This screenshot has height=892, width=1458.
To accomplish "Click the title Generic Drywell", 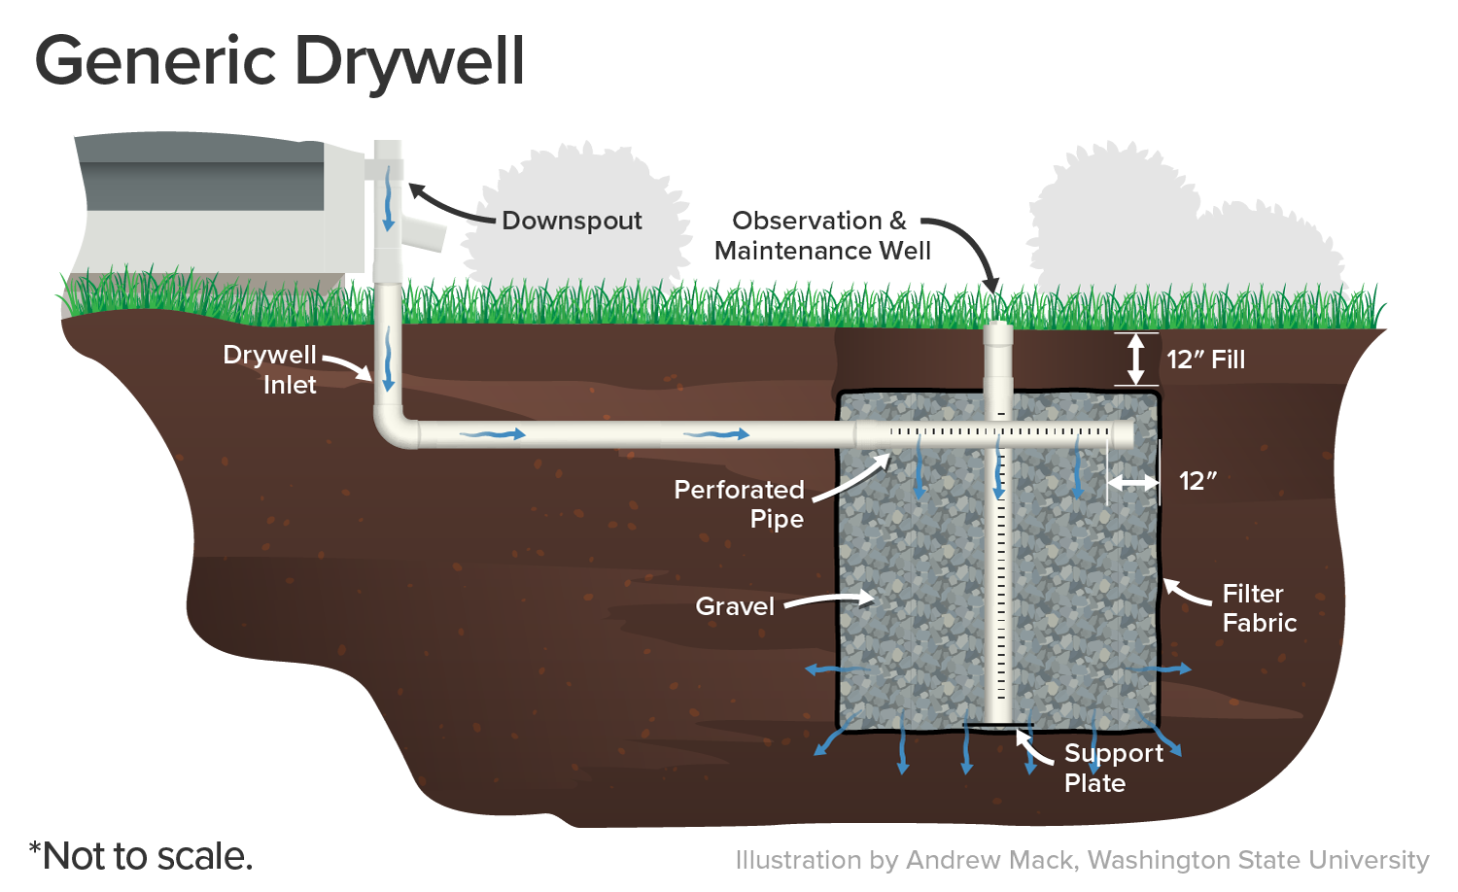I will [280, 61].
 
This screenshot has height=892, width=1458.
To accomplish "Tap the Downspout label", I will [572, 221].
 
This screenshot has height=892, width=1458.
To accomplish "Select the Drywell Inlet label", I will [270, 369].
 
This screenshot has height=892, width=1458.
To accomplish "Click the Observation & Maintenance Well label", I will [821, 236].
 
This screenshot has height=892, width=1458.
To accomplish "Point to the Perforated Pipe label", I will [740, 503].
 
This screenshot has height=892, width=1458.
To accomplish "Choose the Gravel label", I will [735, 606].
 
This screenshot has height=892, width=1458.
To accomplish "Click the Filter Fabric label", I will [1259, 608].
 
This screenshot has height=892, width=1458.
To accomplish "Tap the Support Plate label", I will [1112, 768].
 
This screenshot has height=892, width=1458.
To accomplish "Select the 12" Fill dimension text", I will [1205, 360].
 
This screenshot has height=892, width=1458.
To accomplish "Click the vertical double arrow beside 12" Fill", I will [1135, 359].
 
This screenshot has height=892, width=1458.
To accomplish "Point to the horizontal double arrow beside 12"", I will [1132, 482].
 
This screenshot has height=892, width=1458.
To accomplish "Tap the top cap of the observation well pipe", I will [998, 330].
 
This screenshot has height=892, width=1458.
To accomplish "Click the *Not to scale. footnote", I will [141, 856].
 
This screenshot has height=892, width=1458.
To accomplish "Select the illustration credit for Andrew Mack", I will [1082, 860].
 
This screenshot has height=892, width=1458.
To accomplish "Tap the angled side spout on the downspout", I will [425, 233].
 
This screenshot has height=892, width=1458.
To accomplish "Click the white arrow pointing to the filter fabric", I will [1185, 592].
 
